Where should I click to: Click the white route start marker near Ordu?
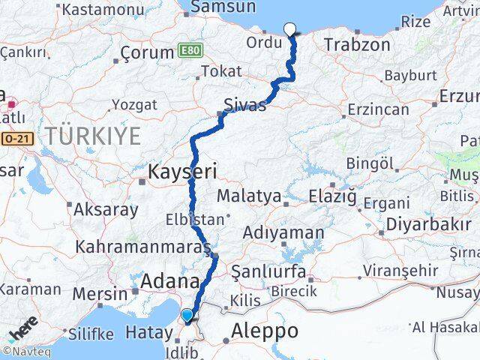click(x=290, y=30)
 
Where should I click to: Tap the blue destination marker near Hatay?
click(x=187, y=316)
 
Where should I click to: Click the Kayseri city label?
click(x=183, y=172)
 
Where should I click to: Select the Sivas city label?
click(x=244, y=105)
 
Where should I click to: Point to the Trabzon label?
click(x=357, y=45)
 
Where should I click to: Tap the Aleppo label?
click(x=265, y=331)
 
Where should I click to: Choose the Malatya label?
click(x=249, y=196)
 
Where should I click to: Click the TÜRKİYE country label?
click(x=93, y=136)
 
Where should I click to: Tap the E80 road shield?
click(x=190, y=51)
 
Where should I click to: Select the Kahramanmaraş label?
click(x=150, y=247)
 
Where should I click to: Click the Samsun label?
click(x=214, y=7)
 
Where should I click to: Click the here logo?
click(x=23, y=331)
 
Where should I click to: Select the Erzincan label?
click(x=378, y=109)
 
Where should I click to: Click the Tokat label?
click(x=221, y=71)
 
